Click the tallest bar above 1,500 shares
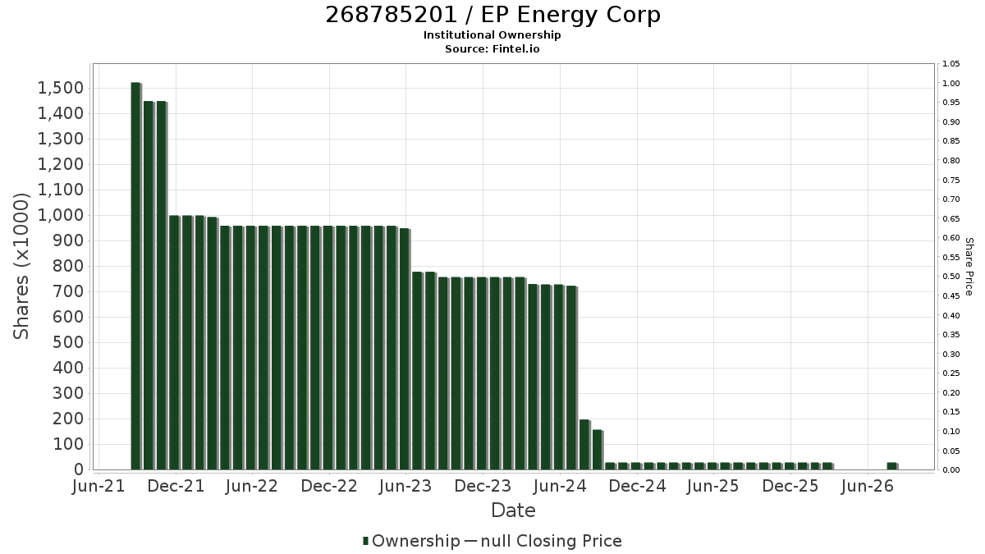[136, 276]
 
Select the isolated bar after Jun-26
[892, 466]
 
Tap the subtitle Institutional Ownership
[492, 35]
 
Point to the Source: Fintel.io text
[492, 48]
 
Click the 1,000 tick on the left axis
[61, 215]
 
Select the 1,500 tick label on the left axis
[61, 88]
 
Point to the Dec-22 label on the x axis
[329, 486]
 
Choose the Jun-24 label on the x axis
[560, 486]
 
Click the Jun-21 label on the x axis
[98, 486]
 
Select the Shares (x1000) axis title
[21, 266]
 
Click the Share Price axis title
[969, 267]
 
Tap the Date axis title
[513, 511]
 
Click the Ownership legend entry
[410, 541]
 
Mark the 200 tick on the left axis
[68, 419]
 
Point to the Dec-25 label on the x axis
[790, 486]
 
